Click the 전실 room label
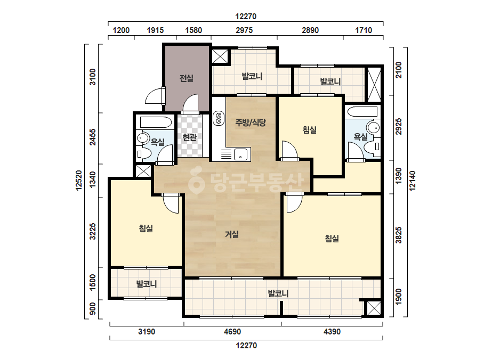pos(187,78)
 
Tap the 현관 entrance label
pos(189,137)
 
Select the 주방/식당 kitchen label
pos(251,122)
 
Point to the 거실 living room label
pos(232,234)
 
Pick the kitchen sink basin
pos(240,154)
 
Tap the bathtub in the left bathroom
pos(156,122)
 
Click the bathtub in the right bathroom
pos(362,112)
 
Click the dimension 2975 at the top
pos(244,30)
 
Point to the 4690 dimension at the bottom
pos(232,331)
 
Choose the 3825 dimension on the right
pos(399,235)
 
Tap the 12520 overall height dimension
pos(78,181)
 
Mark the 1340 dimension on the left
pos(93,180)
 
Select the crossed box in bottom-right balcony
pos(373,308)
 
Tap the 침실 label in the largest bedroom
pos(332,239)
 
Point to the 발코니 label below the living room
pos(278,294)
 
